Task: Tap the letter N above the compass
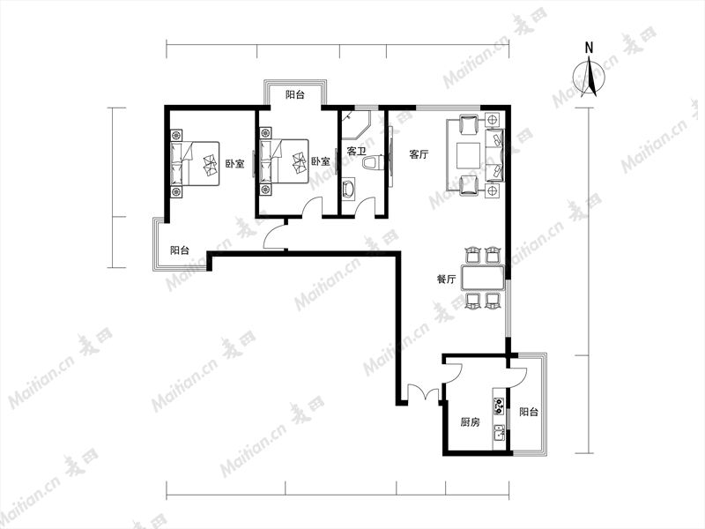coord(589,48)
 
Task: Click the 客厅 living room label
coord(419,155)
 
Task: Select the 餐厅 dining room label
coord(447,279)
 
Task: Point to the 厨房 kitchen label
coord(471,422)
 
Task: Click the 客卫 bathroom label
coord(357,151)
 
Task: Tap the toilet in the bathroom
coord(372,163)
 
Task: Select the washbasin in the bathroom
coord(349,190)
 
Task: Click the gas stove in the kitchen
coord(499,406)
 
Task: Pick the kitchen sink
coord(499,433)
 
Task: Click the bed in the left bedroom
coord(195,163)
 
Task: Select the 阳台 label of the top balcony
coord(295,95)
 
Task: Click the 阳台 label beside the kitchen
coord(529,412)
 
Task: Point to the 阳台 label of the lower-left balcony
coord(180,250)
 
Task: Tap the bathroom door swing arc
coord(366,206)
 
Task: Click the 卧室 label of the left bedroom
coord(235,164)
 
